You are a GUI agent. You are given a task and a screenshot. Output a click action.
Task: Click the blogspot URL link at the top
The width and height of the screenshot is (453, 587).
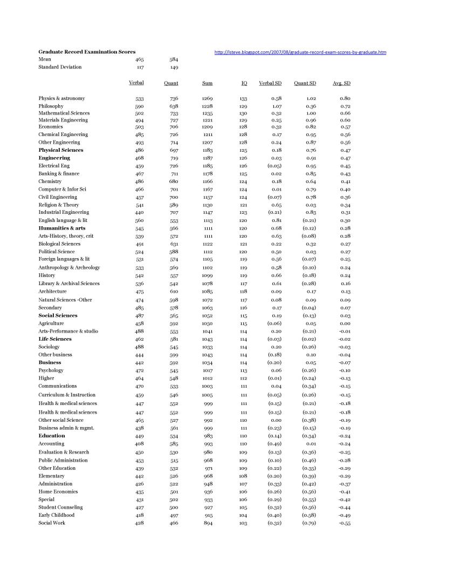click(x=300, y=52)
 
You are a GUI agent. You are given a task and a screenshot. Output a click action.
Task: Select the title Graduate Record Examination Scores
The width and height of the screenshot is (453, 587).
click(x=87, y=52)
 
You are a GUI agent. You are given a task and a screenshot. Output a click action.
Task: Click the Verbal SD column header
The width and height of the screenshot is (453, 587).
click(x=270, y=83)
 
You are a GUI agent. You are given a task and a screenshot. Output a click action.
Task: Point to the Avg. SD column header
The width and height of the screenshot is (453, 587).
click(x=342, y=83)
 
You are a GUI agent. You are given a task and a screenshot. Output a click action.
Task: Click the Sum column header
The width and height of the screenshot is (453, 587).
click(x=207, y=83)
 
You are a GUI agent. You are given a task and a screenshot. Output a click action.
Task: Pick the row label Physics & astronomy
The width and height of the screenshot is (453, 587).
click(x=61, y=98)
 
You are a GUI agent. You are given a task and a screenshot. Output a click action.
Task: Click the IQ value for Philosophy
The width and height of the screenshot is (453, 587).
click(x=243, y=106)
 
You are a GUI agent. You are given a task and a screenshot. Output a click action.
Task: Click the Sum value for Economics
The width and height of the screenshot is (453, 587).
click(x=207, y=126)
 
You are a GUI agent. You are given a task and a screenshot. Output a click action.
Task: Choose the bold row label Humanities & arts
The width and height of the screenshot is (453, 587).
click(x=61, y=228)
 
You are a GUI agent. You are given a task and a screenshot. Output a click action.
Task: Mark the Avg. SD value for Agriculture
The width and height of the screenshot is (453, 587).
click(x=346, y=323)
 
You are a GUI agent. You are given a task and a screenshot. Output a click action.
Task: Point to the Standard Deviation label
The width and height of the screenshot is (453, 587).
click(x=60, y=67)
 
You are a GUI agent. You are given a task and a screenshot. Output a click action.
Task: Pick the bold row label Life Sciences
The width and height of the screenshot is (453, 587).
click(x=55, y=339)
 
